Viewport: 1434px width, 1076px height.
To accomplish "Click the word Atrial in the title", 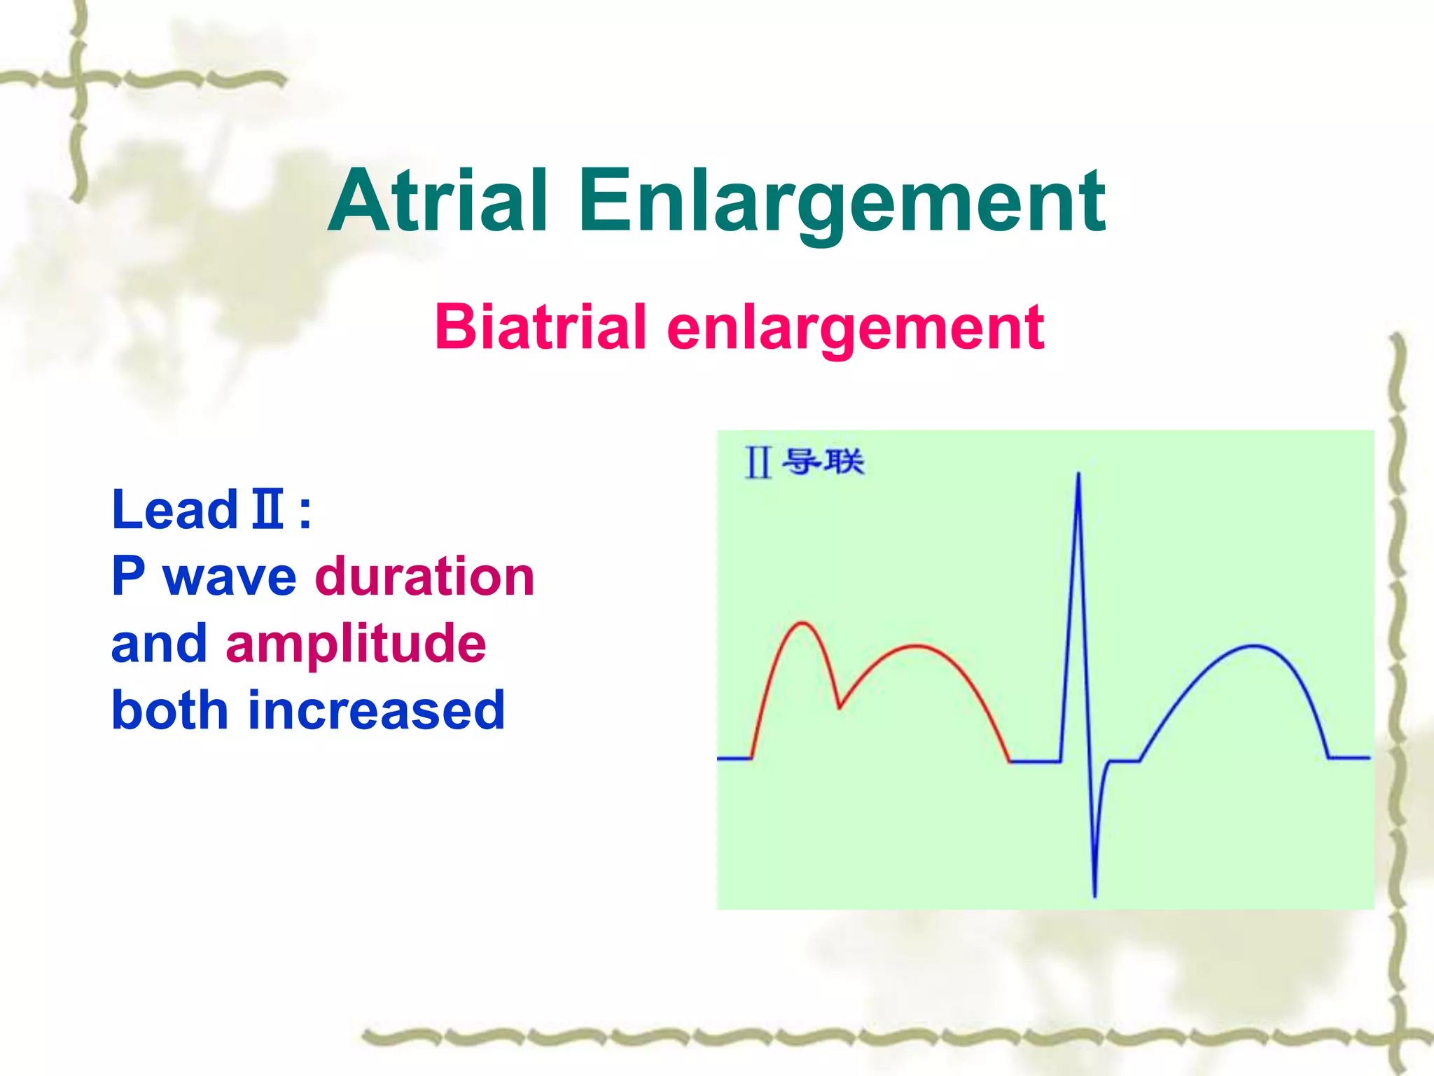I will tap(438, 202).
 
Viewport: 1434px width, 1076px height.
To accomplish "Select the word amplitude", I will tap(356, 644).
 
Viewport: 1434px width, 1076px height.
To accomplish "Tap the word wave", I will tap(230, 578).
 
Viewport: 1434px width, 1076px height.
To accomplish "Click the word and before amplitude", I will tap(160, 644).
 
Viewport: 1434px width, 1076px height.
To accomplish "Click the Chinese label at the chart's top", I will tap(805, 462).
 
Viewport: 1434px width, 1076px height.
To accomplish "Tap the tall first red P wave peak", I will tap(802, 623).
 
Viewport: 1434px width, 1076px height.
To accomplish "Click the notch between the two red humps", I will tap(840, 708).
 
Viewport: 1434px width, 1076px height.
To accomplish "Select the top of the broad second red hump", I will tap(916, 646).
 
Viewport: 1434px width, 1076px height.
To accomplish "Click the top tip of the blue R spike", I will tap(1078, 475).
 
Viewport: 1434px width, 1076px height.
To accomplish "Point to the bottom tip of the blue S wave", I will tap(1094, 895).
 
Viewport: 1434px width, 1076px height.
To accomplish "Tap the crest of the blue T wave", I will tap(1253, 646).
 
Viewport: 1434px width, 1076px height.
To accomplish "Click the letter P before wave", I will tap(129, 577).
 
